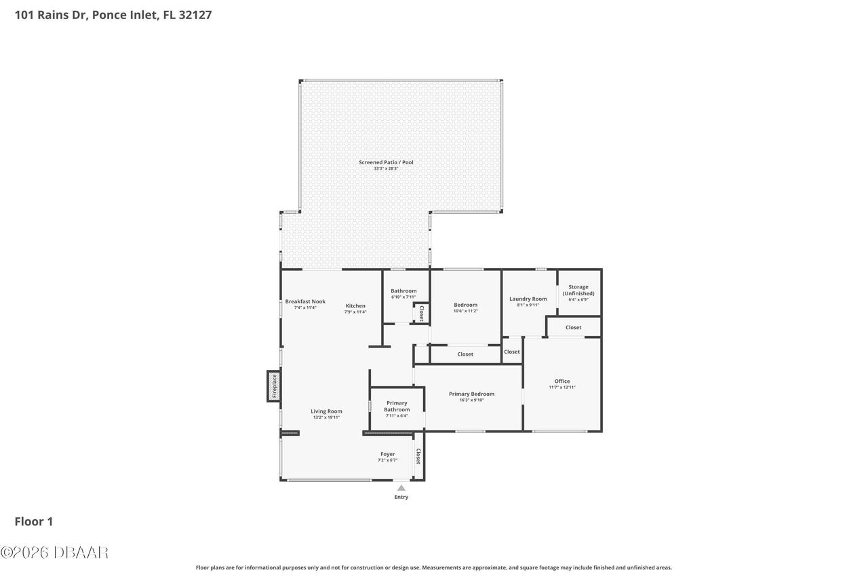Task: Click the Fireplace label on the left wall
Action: (275, 386)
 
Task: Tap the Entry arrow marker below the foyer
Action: (401, 488)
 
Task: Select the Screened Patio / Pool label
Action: (386, 162)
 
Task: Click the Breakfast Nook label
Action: (305, 301)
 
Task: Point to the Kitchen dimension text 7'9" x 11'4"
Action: (355, 312)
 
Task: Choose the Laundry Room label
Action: (528, 299)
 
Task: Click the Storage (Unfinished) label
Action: (578, 290)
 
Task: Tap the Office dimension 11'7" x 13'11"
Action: (562, 388)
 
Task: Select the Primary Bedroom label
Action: (471, 394)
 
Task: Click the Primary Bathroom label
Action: (397, 406)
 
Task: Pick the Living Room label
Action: (326, 411)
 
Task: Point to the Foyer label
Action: (387, 454)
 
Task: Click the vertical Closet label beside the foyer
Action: (418, 456)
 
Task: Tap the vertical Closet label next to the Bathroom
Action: (421, 313)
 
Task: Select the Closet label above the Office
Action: (573, 327)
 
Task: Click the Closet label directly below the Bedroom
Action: (465, 354)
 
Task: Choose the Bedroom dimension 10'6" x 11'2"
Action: (465, 311)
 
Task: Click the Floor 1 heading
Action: (33, 521)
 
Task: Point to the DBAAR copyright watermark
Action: (54, 553)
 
